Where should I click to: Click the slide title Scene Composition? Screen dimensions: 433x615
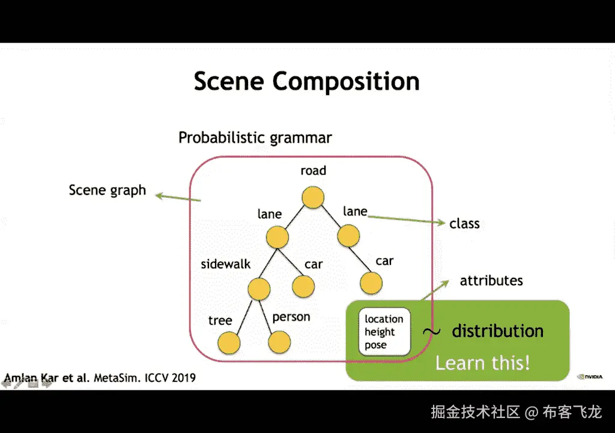pyautogui.click(x=306, y=81)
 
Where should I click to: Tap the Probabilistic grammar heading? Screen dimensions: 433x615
pyautogui.click(x=255, y=138)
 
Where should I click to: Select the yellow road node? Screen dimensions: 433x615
pyautogui.click(x=313, y=197)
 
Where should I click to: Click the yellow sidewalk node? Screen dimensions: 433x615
pyautogui.click(x=259, y=289)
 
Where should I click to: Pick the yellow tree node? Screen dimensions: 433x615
pyautogui.click(x=228, y=343)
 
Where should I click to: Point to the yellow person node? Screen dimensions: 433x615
pyautogui.click(x=279, y=343)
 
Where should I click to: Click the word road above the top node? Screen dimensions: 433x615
pyautogui.click(x=313, y=171)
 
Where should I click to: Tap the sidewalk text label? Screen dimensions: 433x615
pyautogui.click(x=225, y=264)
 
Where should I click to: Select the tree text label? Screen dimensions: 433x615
pyautogui.click(x=220, y=320)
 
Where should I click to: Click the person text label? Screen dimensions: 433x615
pyautogui.click(x=291, y=317)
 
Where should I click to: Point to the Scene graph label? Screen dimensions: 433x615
pyautogui.click(x=107, y=191)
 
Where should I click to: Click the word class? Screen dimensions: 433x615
pyautogui.click(x=464, y=224)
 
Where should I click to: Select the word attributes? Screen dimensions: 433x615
pyautogui.click(x=491, y=281)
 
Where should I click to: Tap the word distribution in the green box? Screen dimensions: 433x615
pyautogui.click(x=497, y=331)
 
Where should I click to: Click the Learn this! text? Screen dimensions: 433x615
pyautogui.click(x=482, y=363)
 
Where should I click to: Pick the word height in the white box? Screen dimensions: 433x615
pyautogui.click(x=380, y=332)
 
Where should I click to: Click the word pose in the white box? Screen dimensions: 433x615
pyautogui.click(x=375, y=345)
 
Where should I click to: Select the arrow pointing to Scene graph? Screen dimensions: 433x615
pyautogui.click(x=178, y=198)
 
